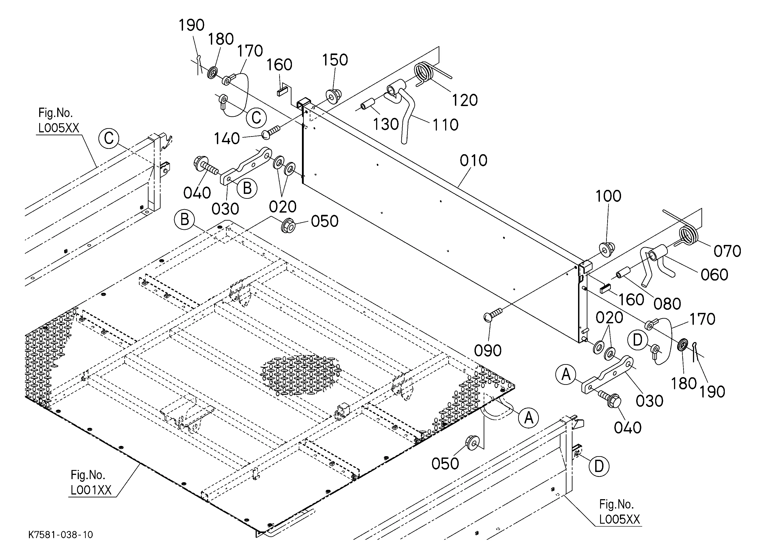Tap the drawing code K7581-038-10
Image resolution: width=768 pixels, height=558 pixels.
click(x=61, y=535)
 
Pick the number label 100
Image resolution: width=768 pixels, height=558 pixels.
click(x=608, y=196)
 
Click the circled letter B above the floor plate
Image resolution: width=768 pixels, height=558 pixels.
click(x=184, y=220)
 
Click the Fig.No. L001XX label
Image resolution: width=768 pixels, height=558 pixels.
click(x=91, y=483)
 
